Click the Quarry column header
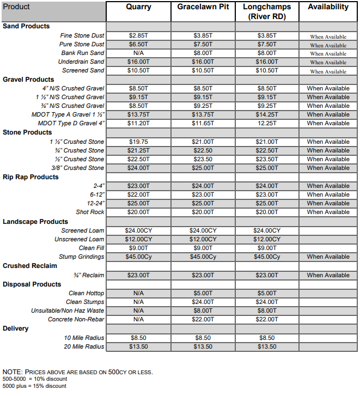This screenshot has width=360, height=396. pyautogui.click(x=138, y=7)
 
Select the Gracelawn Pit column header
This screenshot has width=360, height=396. pyautogui.click(x=203, y=7)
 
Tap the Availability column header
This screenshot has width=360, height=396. pyautogui.click(x=328, y=7)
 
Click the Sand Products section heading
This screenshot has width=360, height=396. pyautogui.click(x=26, y=26)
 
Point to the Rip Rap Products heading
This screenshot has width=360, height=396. pyautogui.click(x=30, y=177)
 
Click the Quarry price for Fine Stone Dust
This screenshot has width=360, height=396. pyautogui.click(x=138, y=35)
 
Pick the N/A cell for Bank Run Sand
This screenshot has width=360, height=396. pyautogui.click(x=138, y=53)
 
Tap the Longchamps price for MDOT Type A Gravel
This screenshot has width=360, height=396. pyautogui.click(x=267, y=114)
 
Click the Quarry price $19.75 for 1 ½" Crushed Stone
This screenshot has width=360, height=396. pyautogui.click(x=138, y=142)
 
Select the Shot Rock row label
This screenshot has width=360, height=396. pyautogui.click(x=90, y=212)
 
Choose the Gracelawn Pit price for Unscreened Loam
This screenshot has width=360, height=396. pyautogui.click(x=203, y=239)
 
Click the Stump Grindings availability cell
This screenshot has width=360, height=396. pyautogui.click(x=328, y=257)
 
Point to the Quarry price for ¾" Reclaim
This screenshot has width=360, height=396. pyautogui.click(x=138, y=275)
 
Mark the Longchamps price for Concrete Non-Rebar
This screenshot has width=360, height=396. pyautogui.click(x=267, y=319)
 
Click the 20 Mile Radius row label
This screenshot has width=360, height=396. pyautogui.click(x=84, y=346)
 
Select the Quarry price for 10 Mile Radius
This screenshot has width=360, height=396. pyautogui.click(x=138, y=338)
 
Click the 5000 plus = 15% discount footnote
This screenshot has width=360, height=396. pyautogui.click(x=34, y=386)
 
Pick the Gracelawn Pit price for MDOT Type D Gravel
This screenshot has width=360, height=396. pyautogui.click(x=203, y=123)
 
